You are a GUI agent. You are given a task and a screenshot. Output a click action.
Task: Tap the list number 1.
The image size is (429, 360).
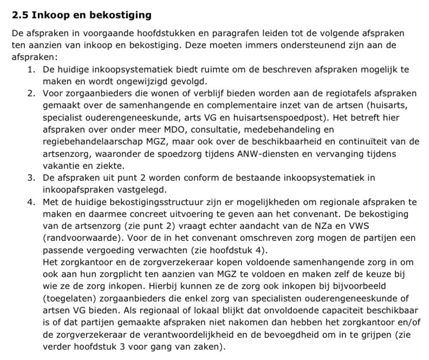click(x=31, y=70)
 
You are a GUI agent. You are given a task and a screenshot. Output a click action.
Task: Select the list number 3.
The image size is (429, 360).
click(x=31, y=177)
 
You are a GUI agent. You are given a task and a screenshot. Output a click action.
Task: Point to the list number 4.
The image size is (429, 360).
click(x=31, y=201)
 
